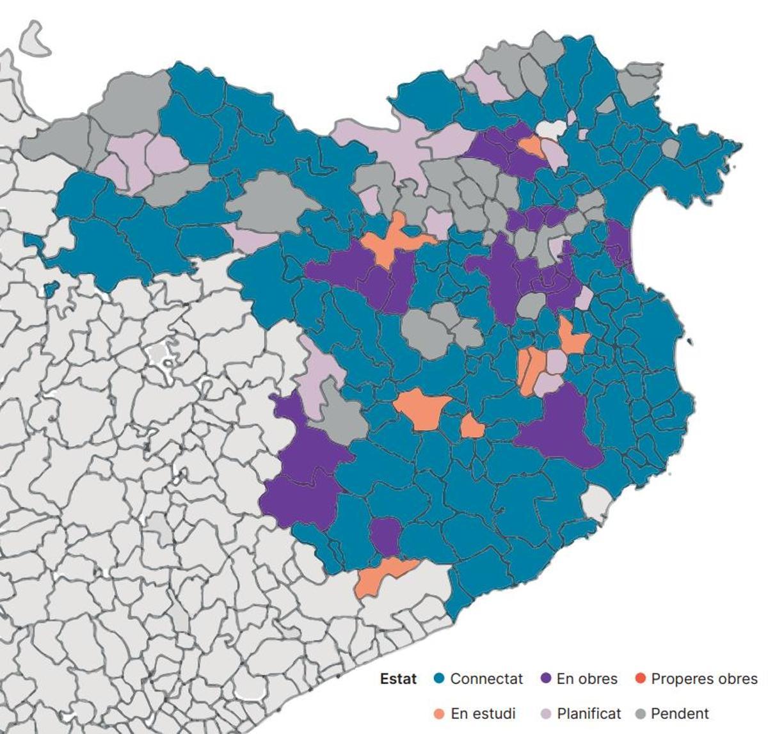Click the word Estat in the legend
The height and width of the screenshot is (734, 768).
[x=397, y=679]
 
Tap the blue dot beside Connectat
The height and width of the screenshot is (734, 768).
[x=439, y=678]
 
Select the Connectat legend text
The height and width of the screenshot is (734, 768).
[x=486, y=679]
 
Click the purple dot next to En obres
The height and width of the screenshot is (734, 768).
[x=546, y=678]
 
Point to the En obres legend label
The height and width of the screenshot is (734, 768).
[x=586, y=679]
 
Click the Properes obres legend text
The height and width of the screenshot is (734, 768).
[x=703, y=679]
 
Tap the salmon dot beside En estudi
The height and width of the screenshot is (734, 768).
[x=439, y=714]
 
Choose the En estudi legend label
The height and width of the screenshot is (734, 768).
[x=483, y=714]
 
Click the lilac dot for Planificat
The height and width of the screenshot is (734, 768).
[x=546, y=714]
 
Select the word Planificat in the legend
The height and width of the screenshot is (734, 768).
[x=588, y=714]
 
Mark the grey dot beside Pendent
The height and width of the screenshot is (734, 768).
[x=640, y=714]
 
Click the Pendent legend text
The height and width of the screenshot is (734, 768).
[x=680, y=714]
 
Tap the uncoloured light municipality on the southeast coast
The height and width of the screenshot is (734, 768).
[x=597, y=502]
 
